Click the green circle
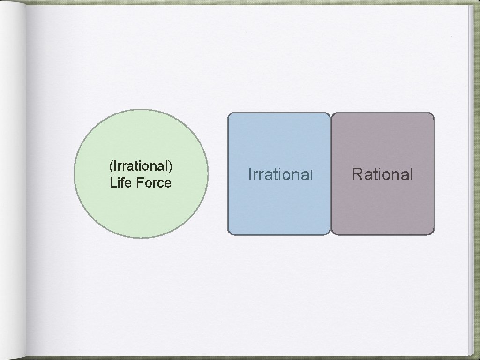141,141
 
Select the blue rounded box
279,206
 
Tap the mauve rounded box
382,206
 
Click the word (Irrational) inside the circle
141,166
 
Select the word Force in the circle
154,182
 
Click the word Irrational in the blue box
280,175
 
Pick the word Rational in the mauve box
382,175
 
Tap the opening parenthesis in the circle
110,166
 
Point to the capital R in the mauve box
357,174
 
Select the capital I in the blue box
249,175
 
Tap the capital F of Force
139,182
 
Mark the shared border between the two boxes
331,173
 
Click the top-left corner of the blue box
230,114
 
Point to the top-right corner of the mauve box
433,114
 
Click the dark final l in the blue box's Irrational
311,175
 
